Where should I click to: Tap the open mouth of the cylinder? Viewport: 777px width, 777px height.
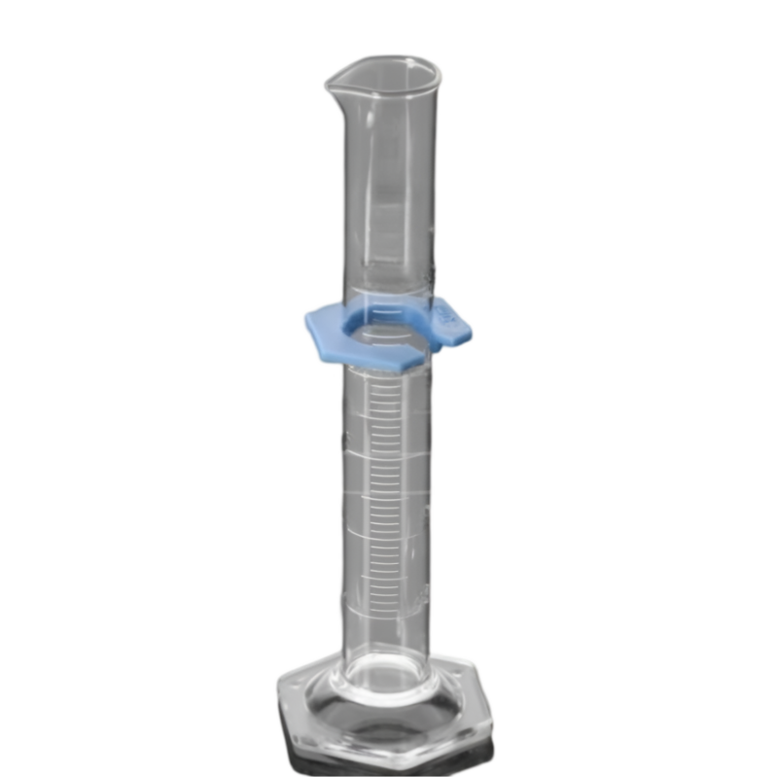point(384,74)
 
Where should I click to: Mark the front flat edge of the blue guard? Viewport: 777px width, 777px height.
point(370,362)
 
